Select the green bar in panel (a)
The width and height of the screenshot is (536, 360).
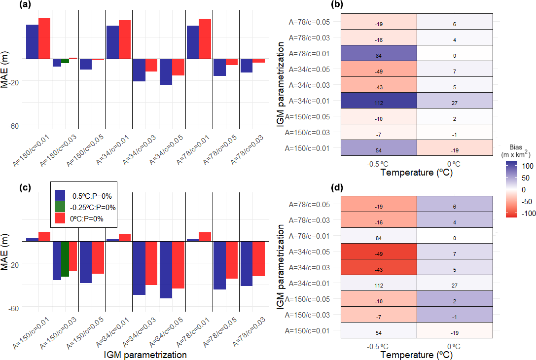[65, 61]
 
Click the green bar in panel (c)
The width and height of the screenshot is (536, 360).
[65, 259]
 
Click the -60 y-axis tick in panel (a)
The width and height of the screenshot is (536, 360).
[13, 126]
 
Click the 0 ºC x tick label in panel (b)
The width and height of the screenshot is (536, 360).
[455, 164]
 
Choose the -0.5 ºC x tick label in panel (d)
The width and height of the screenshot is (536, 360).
[379, 346]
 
